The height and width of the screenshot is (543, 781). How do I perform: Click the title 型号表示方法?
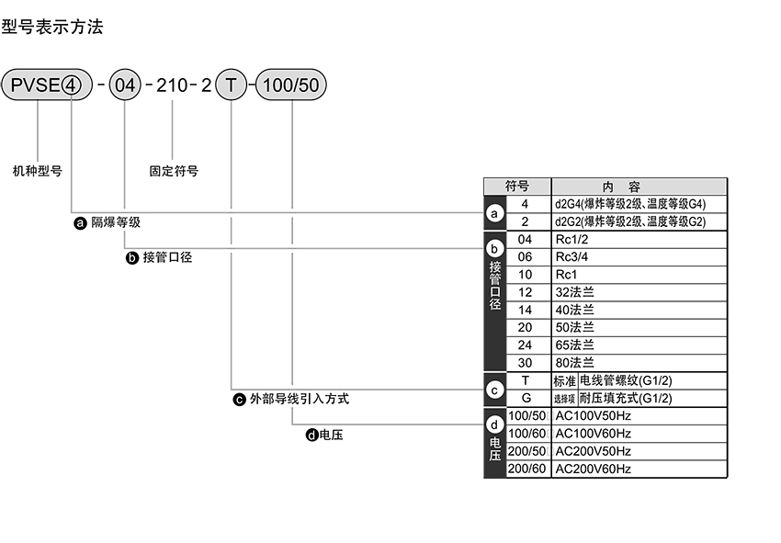52,27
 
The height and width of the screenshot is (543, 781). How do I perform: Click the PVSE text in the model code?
35,86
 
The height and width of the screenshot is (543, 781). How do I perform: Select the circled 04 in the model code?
124,86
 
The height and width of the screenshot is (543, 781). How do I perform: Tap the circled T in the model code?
231,86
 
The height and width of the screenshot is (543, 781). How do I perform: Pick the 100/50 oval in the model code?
290,86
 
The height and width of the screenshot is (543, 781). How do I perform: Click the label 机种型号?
38,171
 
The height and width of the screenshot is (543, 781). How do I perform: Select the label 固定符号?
174,171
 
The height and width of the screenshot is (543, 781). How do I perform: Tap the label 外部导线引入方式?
299,400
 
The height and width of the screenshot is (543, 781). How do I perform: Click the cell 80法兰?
575,363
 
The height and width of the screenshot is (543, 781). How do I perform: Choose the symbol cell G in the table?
526,399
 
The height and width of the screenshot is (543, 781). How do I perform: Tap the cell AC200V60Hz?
594,469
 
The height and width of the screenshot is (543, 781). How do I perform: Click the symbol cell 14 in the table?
526,310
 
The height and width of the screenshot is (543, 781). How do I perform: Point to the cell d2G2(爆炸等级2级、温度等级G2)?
629,222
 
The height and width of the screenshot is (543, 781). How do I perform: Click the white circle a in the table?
495,214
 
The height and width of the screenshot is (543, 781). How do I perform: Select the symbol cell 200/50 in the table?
527,451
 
